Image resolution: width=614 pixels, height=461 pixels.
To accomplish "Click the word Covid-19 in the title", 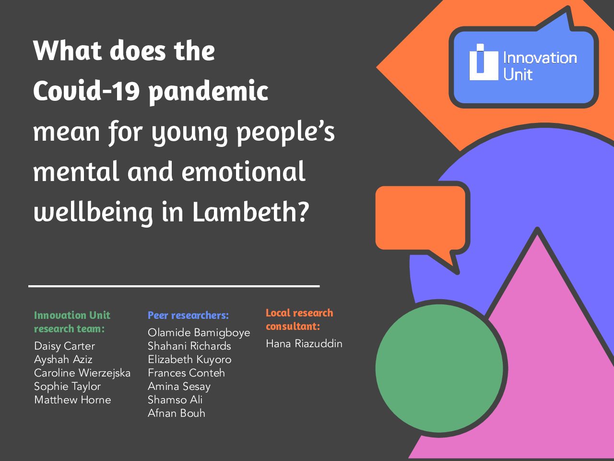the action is coord(86,90).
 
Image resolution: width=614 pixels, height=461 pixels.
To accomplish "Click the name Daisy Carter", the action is coord(65,346).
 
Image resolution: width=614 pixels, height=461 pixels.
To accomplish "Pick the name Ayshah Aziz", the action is coord(63,359).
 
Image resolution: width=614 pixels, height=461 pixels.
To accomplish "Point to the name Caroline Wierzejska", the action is coord(82,373).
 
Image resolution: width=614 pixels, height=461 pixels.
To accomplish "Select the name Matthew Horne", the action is coord(72,400).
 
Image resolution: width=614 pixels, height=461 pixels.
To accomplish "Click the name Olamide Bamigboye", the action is coord(199,333).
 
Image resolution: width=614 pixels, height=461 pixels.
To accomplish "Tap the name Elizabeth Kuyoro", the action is coord(189,359).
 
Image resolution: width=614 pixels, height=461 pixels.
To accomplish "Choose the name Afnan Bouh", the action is coord(177,413).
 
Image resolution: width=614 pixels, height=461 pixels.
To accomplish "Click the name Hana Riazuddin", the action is coord(304,344).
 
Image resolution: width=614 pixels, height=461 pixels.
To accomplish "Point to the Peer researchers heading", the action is coord(188,315).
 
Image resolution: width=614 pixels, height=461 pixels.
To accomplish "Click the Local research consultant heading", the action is coord(299,320).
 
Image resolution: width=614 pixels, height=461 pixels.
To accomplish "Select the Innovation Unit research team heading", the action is coord(72,322).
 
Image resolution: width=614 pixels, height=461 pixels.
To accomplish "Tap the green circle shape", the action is coord(439,368).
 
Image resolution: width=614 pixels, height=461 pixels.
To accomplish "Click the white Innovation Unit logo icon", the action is coord(484,62).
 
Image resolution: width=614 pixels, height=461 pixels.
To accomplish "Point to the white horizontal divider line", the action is coord(174,286).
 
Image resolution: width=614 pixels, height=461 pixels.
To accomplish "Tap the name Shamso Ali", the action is coord(175,400).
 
